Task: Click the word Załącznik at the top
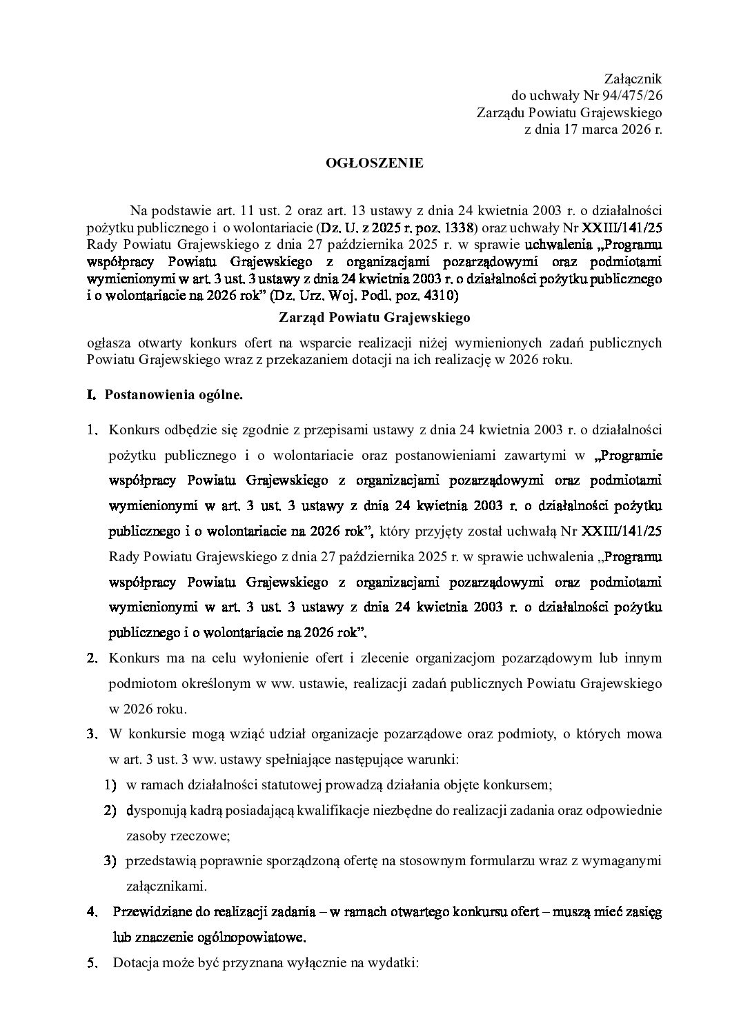pyautogui.click(x=633, y=80)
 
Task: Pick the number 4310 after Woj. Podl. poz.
pyautogui.click(x=440, y=298)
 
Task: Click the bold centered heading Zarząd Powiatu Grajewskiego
pyautogui.click(x=375, y=318)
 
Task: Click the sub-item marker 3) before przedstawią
pyautogui.click(x=110, y=860)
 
